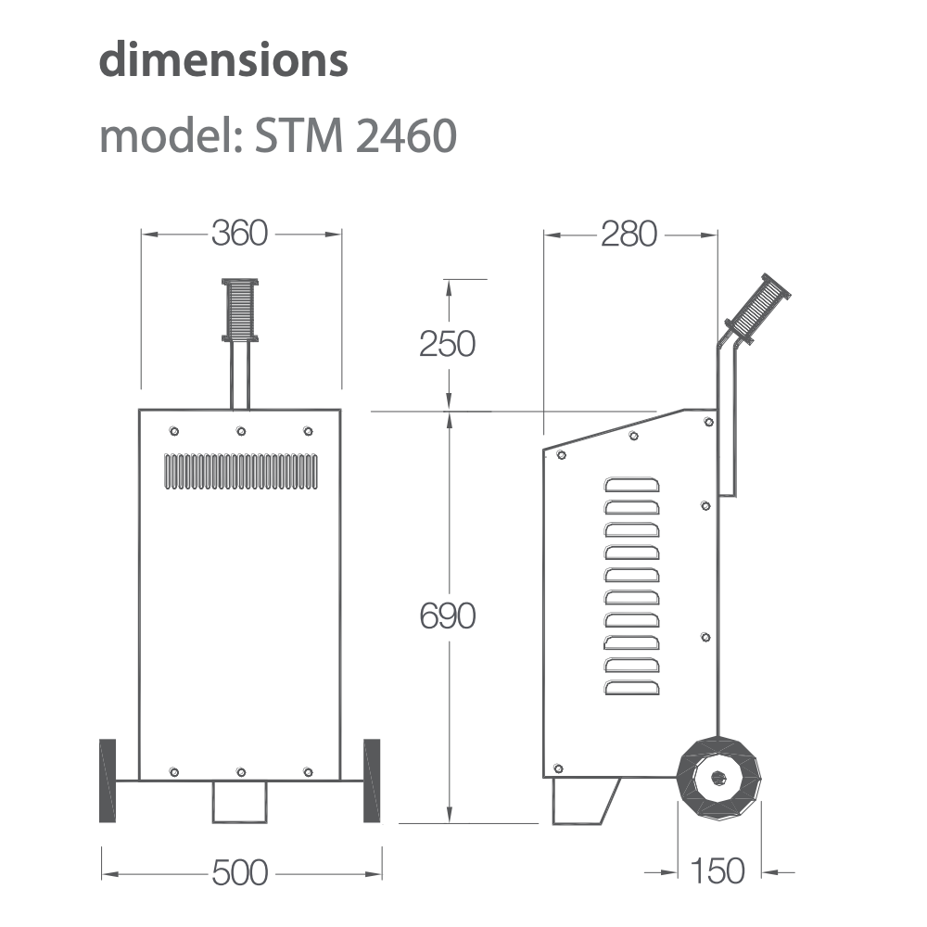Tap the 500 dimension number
point(239,872)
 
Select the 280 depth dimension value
point(629,235)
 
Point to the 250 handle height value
point(447,344)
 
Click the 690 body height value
point(448,616)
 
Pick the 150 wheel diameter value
point(717,871)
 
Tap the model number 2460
point(407,135)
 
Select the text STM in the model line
point(298,135)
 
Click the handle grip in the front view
point(240,310)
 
